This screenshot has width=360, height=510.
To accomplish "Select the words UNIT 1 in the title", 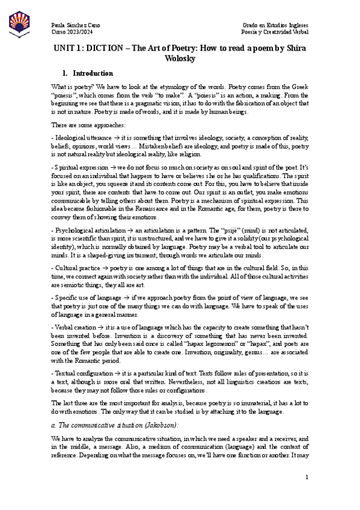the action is (69, 48).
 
